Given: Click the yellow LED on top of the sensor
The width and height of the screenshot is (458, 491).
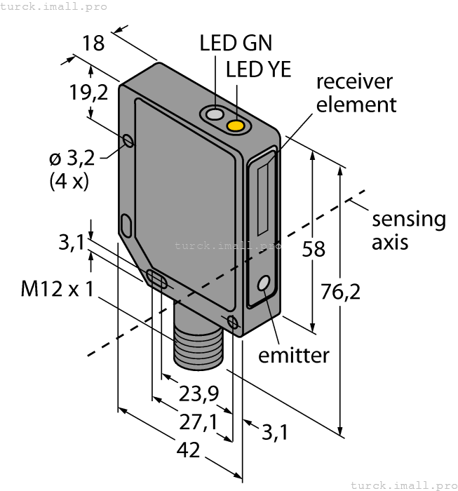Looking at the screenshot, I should pos(236,125).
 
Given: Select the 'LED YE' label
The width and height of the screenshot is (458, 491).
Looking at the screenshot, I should pos(258,69).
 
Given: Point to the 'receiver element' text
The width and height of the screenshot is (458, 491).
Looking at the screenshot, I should pos(353,93).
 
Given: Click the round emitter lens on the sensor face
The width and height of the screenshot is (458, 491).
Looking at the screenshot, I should pos(264,284).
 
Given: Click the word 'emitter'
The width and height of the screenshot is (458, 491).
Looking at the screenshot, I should pos(293,355).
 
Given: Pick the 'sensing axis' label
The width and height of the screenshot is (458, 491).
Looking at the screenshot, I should pos(408,230).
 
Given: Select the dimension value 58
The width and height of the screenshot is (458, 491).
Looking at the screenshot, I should pos(313,248).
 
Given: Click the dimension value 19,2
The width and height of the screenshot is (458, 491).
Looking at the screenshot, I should pos(89,92).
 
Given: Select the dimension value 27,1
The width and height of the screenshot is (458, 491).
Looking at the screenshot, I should pos(197,422).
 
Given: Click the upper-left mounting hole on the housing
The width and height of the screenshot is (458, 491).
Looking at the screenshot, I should pos(128,141).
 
